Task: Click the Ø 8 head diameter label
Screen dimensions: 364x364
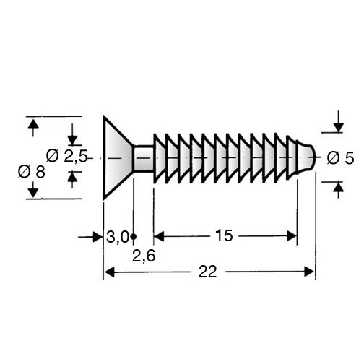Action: [32, 173]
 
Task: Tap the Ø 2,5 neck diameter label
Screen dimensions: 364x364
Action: [66, 156]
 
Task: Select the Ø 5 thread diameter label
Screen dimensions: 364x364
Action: [340, 158]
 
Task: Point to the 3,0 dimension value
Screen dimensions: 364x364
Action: [118, 238]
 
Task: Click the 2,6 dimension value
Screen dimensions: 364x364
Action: [144, 256]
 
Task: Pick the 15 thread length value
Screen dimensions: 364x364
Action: [224, 235]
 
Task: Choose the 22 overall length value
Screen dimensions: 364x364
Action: [208, 272]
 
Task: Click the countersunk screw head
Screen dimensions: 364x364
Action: [118, 157]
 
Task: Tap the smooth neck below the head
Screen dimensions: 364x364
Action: [144, 157]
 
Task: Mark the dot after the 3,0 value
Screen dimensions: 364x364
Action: [134, 237]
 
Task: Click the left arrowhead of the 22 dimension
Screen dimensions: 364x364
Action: [110, 272]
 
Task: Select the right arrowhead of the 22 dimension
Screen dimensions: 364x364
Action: [309, 272]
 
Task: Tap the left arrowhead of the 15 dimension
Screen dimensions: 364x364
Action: [159, 236]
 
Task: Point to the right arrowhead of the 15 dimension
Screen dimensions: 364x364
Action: [292, 236]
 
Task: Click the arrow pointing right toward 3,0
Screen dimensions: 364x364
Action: [90, 237]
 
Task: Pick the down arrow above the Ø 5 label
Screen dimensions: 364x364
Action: [339, 121]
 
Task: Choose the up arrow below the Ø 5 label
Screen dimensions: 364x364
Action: [339, 190]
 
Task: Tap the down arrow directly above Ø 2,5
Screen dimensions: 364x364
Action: [72, 134]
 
